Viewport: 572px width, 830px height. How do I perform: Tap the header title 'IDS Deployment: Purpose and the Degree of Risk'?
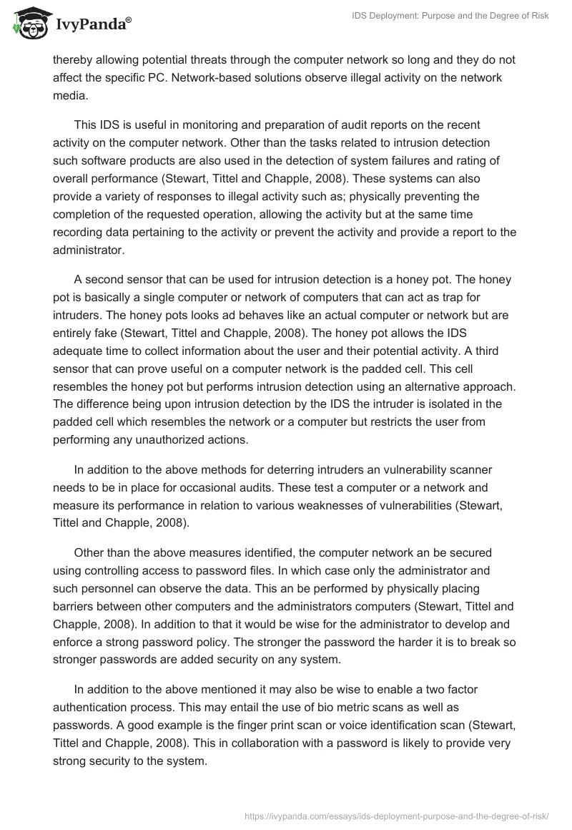[x=440, y=16]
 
